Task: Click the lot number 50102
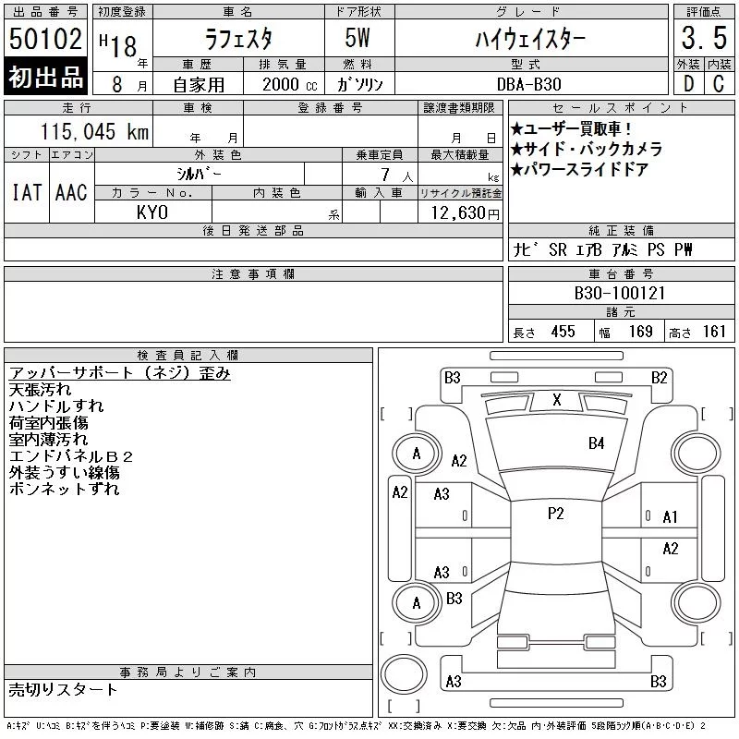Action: coord(45,38)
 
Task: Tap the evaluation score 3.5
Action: coord(704,38)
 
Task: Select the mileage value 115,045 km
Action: coord(94,131)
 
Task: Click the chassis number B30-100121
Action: coord(620,293)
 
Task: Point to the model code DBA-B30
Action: coord(528,84)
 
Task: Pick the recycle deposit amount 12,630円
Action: coord(466,213)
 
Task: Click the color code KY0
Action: coord(152,212)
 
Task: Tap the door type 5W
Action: coord(357,38)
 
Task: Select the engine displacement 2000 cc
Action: coord(290,84)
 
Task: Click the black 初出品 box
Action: coord(45,76)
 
